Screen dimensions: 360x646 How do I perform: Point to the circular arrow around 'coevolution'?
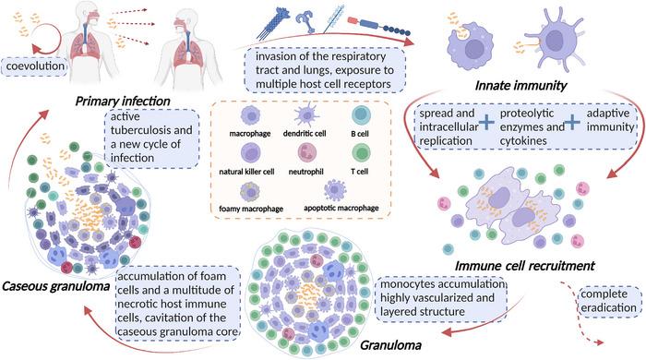click(x=18, y=60)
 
